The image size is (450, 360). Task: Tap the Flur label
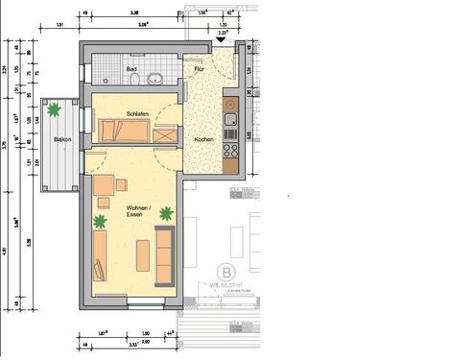point(200,69)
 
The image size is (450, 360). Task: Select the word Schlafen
point(138,114)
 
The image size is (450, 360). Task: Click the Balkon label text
point(61,140)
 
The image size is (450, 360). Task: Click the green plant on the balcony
point(55,110)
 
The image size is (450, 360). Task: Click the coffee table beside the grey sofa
point(143,255)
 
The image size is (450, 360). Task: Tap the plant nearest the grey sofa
point(167,213)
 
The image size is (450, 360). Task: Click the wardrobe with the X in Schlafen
point(165,135)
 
